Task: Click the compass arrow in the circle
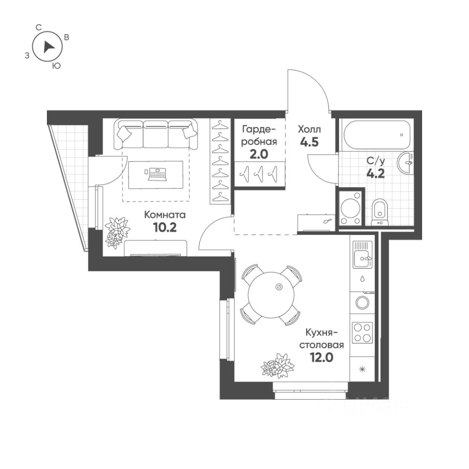click(48, 47)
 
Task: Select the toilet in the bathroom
click(379, 212)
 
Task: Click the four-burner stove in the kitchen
click(362, 332)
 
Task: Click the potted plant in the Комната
click(117, 231)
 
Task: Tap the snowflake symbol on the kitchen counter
click(362, 369)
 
